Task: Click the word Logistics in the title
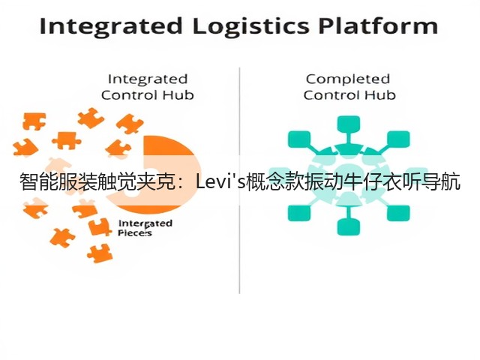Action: tap(250, 27)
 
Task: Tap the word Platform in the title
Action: tap(378, 25)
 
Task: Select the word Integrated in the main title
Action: tap(111, 27)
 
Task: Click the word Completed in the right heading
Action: tap(348, 80)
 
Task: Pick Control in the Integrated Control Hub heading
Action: tap(130, 95)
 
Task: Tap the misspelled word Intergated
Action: tap(145, 223)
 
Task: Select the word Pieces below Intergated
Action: tap(135, 233)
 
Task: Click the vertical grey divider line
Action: tap(239, 181)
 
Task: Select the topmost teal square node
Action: tap(348, 124)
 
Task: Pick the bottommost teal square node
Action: tap(348, 227)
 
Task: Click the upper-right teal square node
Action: tap(398, 139)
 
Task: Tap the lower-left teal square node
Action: tap(299, 213)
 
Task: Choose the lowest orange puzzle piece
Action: tap(100, 253)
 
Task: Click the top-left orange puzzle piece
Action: tap(34, 121)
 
